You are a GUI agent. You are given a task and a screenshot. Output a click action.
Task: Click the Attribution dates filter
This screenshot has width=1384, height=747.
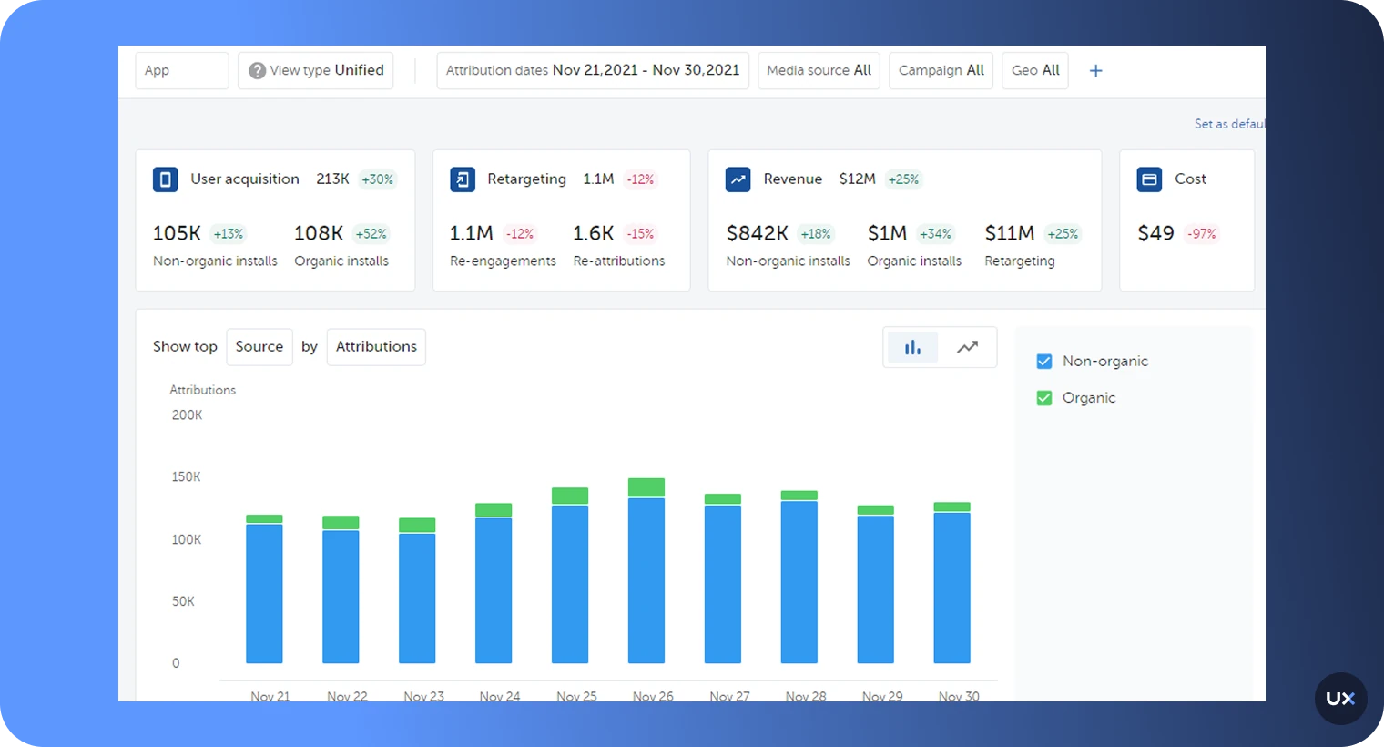(x=592, y=70)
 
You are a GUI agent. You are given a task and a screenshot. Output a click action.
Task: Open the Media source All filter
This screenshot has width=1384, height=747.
(x=819, y=70)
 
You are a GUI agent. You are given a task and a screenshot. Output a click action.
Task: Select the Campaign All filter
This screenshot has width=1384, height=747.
(x=941, y=70)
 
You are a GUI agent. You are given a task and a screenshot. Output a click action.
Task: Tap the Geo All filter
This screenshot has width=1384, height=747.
(x=1035, y=70)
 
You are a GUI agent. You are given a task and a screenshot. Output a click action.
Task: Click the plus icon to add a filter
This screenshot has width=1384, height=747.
(x=1096, y=70)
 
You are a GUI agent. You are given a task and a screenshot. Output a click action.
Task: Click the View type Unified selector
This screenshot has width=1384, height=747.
(x=316, y=70)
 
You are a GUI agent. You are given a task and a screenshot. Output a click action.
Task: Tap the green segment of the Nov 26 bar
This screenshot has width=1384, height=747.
(x=646, y=487)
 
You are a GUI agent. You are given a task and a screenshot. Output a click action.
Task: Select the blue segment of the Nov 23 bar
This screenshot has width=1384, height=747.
(x=417, y=598)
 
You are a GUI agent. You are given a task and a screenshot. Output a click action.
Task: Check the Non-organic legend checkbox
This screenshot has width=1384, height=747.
(x=1044, y=362)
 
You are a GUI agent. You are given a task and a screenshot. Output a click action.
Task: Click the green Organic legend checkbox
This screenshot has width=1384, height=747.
(x=1044, y=398)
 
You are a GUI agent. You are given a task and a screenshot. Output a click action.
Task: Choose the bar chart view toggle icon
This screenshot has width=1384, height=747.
(x=912, y=347)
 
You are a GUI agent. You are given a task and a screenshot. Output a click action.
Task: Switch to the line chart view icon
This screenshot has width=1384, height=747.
(x=967, y=347)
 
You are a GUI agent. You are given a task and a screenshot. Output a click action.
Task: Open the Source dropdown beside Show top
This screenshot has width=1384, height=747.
(x=259, y=347)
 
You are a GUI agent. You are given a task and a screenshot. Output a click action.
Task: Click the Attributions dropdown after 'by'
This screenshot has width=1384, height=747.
(x=376, y=347)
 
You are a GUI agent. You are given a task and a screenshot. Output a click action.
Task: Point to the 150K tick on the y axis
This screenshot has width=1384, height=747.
(x=186, y=477)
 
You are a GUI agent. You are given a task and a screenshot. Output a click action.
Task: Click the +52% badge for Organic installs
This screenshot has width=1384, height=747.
(x=371, y=234)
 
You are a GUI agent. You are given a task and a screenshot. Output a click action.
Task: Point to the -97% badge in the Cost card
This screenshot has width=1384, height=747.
(x=1202, y=234)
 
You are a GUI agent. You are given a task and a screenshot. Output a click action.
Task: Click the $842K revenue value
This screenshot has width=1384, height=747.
(x=757, y=233)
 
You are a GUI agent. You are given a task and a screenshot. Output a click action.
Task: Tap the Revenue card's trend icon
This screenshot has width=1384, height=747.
(x=738, y=179)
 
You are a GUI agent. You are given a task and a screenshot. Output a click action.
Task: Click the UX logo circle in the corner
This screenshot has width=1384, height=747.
(x=1340, y=699)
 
